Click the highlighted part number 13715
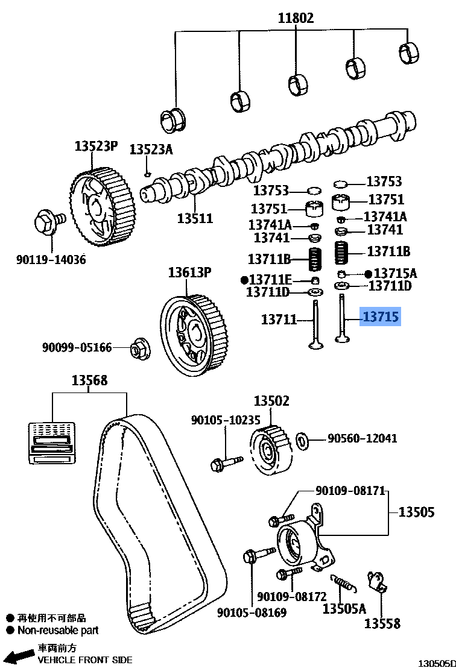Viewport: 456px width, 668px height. [x=380, y=316]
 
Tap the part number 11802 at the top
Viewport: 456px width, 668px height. [x=296, y=18]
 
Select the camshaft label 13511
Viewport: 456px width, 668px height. [x=194, y=218]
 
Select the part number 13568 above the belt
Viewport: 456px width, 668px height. [x=89, y=380]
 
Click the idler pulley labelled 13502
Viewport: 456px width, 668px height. [x=268, y=450]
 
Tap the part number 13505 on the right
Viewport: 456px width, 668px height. [x=416, y=512]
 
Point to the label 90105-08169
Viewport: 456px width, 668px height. [x=252, y=613]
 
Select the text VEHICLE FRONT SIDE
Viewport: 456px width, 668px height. [x=85, y=660]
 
